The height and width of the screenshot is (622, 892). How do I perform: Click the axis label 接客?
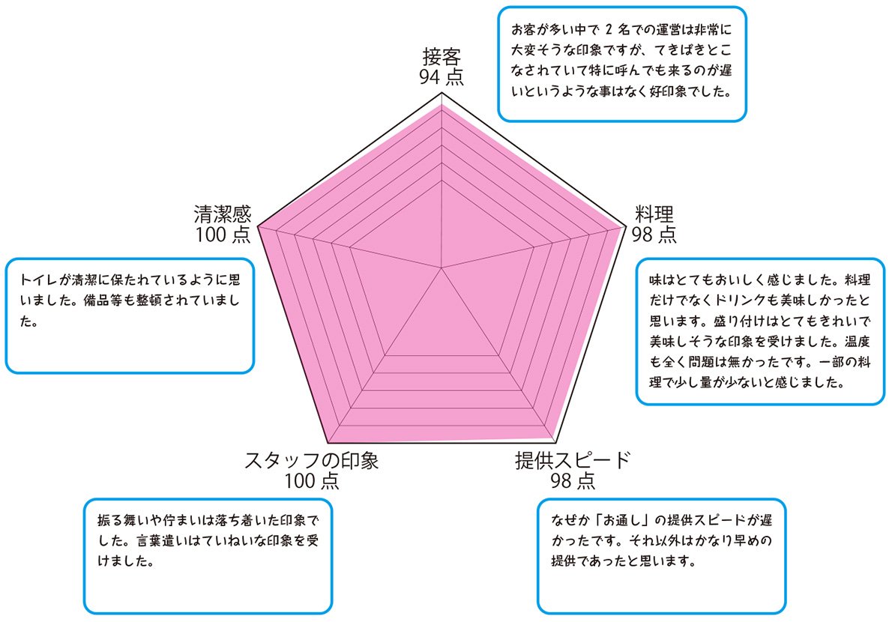tap(442, 57)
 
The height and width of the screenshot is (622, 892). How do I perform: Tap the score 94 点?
tap(442, 76)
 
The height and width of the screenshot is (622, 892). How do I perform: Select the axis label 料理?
tap(654, 214)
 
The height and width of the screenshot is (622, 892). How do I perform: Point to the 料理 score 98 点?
tap(654, 234)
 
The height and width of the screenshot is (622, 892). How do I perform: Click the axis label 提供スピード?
tap(573, 460)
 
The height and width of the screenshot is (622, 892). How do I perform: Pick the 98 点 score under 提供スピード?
tap(573, 480)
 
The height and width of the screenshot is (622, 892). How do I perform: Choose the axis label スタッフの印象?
tap(312, 460)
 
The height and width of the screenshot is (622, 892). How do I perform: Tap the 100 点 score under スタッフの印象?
tap(312, 480)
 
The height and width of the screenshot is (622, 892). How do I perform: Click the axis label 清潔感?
tap(223, 214)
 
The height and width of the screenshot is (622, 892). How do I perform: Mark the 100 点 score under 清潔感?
tap(223, 234)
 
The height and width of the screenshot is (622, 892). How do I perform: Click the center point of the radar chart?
tap(442, 267)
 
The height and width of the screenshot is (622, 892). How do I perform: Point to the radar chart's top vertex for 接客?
tap(442, 93)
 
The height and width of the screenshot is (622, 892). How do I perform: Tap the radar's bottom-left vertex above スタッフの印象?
tap(328, 444)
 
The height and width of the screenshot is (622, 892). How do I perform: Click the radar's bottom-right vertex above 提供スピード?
tap(555, 444)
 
